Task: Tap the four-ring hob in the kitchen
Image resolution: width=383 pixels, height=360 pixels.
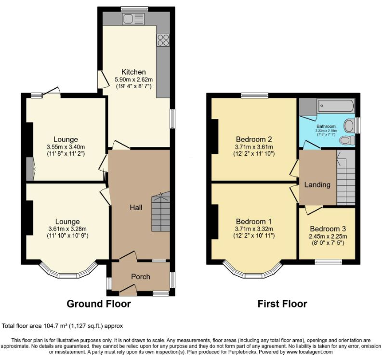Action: [162, 40]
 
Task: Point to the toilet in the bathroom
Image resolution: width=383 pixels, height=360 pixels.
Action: [345, 140]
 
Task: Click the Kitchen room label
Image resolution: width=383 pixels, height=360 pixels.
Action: [126, 71]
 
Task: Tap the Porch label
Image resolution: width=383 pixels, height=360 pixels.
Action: [141, 277]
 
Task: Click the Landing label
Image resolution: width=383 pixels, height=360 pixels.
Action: [317, 185]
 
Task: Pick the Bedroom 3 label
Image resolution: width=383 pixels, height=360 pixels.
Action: [328, 228]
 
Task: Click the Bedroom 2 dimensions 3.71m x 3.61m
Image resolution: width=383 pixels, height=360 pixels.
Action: [253, 147]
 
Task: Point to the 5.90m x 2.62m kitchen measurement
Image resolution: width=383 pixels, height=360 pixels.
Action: [133, 79]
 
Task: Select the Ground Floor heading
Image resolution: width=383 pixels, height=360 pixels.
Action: [98, 304]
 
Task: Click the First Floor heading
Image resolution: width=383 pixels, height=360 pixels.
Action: [283, 304]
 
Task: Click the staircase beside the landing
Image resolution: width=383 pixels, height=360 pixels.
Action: [345, 178]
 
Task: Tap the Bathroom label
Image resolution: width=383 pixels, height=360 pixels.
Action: [327, 126]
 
